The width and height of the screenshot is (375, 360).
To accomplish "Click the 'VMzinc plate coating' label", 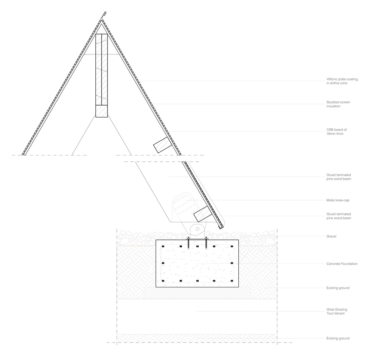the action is [342, 81].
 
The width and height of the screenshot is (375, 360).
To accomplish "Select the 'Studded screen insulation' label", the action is [338, 104].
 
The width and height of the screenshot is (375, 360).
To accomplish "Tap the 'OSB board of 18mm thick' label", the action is [337, 132].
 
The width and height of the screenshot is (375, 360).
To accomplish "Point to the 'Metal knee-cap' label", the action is [338, 200].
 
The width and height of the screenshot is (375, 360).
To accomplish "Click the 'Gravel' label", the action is [331, 236].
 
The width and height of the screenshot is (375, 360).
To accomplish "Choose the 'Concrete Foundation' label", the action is [342, 264].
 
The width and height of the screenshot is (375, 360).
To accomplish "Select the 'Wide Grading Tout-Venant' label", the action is [337, 312].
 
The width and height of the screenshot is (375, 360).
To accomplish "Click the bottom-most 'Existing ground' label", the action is [338, 338].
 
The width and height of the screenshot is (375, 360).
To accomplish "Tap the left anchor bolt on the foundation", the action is [188, 243].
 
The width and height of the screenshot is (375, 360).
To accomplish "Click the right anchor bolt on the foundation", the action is [206, 243].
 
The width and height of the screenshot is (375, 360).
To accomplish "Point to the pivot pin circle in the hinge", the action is [197, 229].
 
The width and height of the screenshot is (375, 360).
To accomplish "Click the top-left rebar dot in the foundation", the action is [163, 246].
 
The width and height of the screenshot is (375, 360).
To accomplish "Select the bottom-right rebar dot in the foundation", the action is [232, 281].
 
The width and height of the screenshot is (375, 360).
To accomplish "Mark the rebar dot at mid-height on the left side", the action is [163, 263].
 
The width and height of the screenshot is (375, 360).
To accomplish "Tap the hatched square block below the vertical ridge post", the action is [102, 111].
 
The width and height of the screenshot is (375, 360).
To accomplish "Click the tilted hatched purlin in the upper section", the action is [162, 145].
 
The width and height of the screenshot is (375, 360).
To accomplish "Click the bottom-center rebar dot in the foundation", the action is [197, 281].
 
